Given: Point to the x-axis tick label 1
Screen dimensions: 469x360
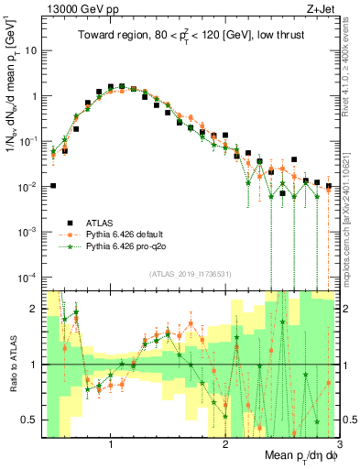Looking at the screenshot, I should coord(111,445).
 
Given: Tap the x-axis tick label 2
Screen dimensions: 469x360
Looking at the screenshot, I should coord(225,445).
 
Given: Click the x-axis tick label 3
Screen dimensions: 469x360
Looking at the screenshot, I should coord(338,445).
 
